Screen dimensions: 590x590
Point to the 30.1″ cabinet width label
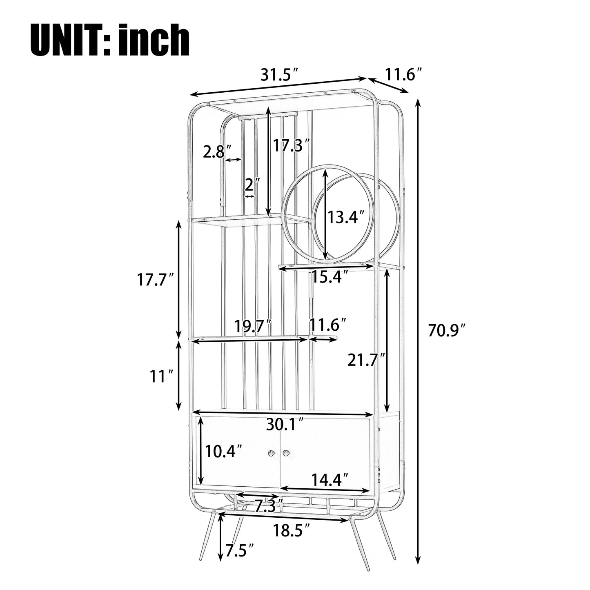click(285, 424)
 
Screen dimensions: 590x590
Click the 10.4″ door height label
click(224, 451)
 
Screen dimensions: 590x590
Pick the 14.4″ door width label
click(330, 479)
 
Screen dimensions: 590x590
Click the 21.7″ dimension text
click(366, 360)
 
